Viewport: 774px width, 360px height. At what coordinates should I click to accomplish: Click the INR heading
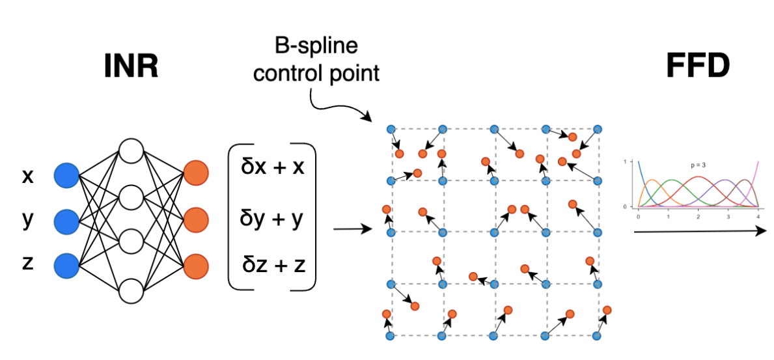tap(131, 66)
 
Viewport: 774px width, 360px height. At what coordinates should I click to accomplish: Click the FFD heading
tap(697, 66)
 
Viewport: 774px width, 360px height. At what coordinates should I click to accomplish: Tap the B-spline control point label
tap(316, 61)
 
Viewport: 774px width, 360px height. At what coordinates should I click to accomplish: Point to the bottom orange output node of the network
tap(195, 267)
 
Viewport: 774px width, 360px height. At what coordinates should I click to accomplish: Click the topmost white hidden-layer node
tap(131, 151)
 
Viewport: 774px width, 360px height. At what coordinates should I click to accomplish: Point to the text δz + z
tap(273, 265)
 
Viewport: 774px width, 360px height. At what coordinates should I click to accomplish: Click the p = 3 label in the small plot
tap(698, 165)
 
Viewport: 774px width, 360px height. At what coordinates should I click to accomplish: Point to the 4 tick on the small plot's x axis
tap(758, 215)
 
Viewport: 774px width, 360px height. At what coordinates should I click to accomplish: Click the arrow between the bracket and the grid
tap(352, 229)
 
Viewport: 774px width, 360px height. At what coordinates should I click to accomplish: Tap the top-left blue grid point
tap(391, 129)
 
